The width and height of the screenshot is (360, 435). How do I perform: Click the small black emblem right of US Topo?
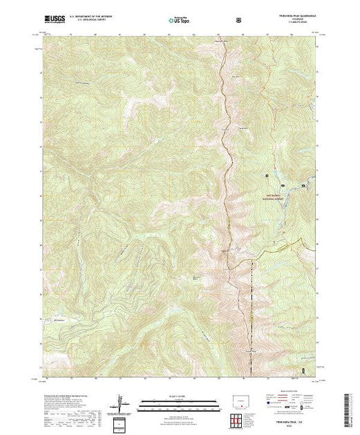[x=238, y=19]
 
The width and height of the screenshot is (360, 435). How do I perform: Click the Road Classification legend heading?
[x=276, y=395]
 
